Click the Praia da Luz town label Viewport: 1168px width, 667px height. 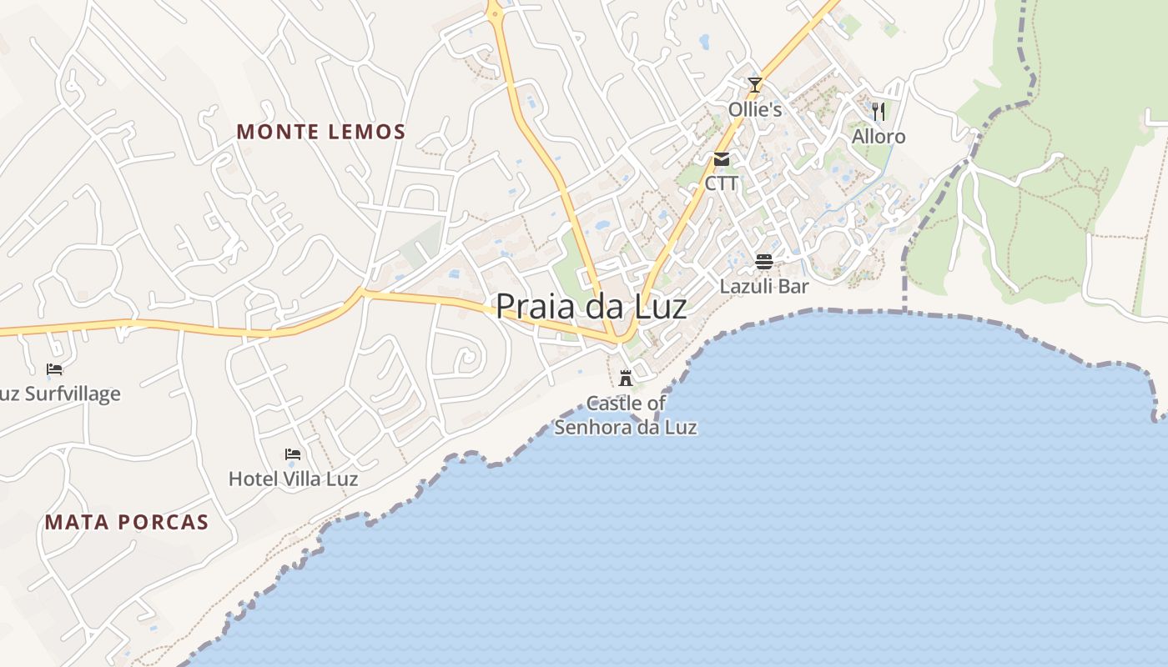click(x=591, y=307)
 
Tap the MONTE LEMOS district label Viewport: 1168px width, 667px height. click(x=321, y=132)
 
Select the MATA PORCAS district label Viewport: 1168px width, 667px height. click(x=127, y=523)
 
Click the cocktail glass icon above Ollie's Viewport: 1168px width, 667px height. click(x=755, y=84)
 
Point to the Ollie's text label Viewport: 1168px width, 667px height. click(x=755, y=110)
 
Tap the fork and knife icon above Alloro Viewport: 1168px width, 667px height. click(x=878, y=111)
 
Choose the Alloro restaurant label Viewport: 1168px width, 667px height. click(x=879, y=137)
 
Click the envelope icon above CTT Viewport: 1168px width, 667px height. click(x=722, y=159)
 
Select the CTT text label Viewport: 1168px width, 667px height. click(x=722, y=183)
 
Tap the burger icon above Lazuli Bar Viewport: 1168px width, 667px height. click(x=764, y=262)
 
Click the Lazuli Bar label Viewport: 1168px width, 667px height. click(x=764, y=287)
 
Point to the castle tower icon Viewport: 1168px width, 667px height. click(x=626, y=378)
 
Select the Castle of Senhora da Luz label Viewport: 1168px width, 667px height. click(x=626, y=415)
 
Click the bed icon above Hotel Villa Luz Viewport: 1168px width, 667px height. click(x=293, y=454)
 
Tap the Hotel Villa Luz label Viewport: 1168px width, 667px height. click(x=293, y=479)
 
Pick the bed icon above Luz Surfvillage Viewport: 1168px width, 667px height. click(x=54, y=369)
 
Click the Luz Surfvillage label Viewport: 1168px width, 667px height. click(x=60, y=394)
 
